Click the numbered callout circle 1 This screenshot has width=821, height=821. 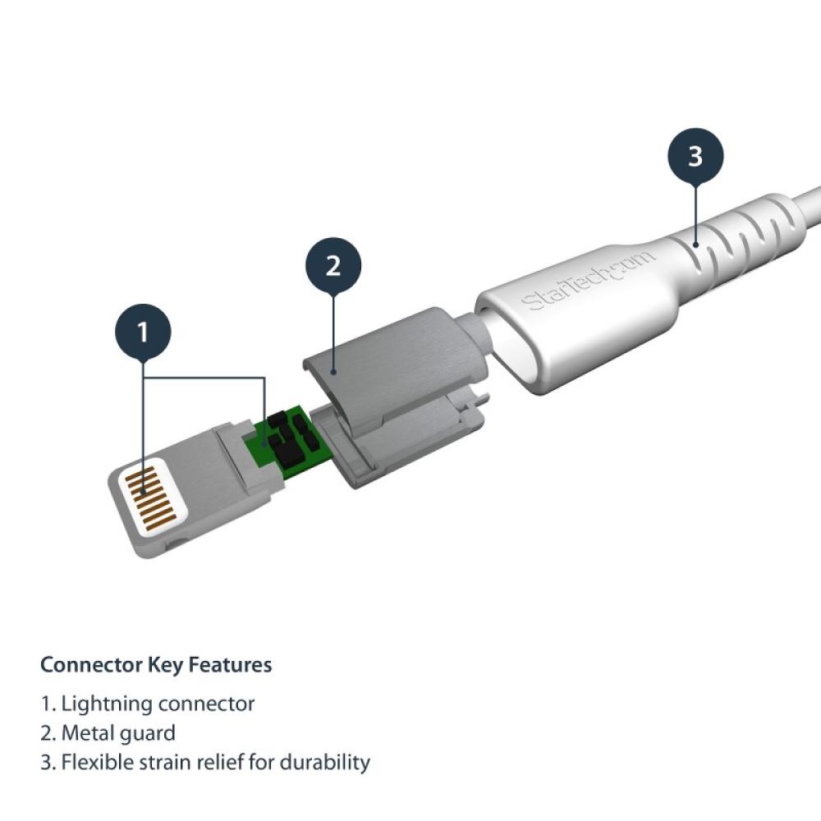point(143,333)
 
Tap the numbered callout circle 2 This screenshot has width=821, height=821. point(333,267)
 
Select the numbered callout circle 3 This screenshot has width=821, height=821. point(695,156)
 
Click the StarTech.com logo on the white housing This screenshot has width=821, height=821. point(589,281)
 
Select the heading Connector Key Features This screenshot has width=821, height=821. point(156,665)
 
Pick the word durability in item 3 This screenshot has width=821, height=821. point(324,762)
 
